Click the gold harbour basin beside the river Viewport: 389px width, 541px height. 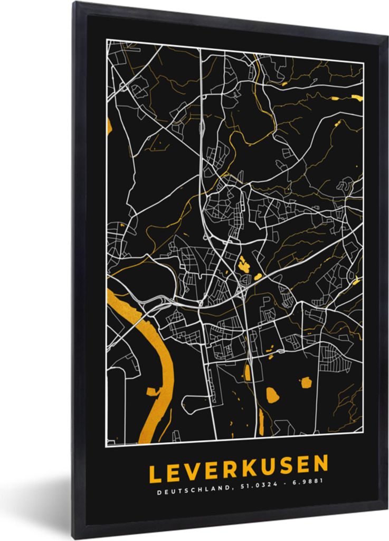[154, 391]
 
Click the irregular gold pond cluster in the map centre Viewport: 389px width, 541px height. [244, 264]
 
